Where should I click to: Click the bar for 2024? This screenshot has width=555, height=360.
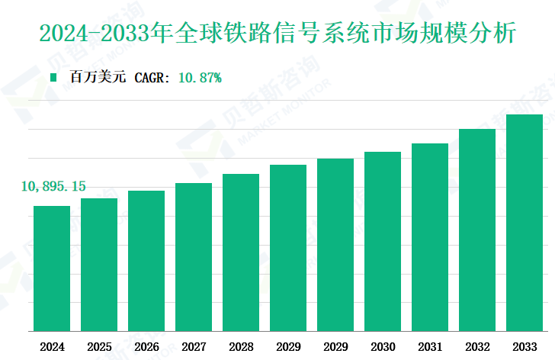tap(52, 268)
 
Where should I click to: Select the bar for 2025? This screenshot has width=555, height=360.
tap(99, 265)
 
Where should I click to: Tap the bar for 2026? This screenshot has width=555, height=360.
tap(146, 261)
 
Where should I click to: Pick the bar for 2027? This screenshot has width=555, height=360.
tap(194, 257)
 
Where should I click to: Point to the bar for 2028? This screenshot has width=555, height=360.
tap(241, 252)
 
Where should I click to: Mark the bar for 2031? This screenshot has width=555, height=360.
tap(430, 237)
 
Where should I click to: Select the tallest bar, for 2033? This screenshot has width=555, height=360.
tap(525, 223)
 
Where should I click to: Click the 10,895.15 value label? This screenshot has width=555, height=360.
tap(53, 186)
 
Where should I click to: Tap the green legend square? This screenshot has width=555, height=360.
tap(53, 77)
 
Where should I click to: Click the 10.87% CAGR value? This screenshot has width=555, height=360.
tap(199, 77)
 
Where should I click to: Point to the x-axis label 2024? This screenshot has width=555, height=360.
tap(52, 346)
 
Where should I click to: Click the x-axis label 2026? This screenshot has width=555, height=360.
tap(146, 346)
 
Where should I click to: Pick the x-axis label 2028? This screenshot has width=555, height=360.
tap(241, 346)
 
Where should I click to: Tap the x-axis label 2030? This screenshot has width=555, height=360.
tap(383, 346)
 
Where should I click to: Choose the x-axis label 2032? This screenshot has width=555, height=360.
tap(477, 346)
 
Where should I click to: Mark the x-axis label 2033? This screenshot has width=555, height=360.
tap(525, 346)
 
